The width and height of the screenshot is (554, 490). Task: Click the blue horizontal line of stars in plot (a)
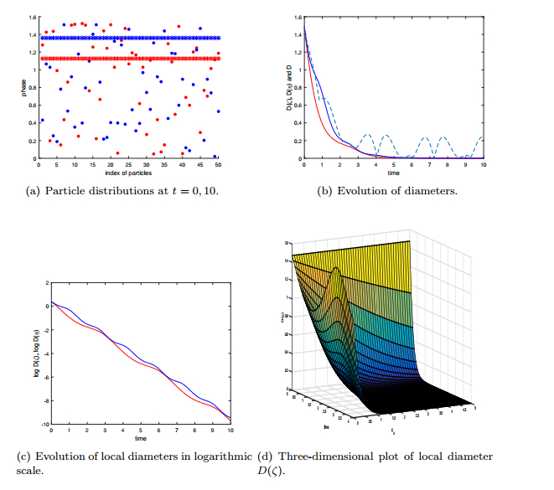126,38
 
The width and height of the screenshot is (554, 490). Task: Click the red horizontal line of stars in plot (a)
126,59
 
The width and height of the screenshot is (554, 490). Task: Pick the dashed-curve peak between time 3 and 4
365,135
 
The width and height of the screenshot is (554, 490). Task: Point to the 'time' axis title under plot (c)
141,438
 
